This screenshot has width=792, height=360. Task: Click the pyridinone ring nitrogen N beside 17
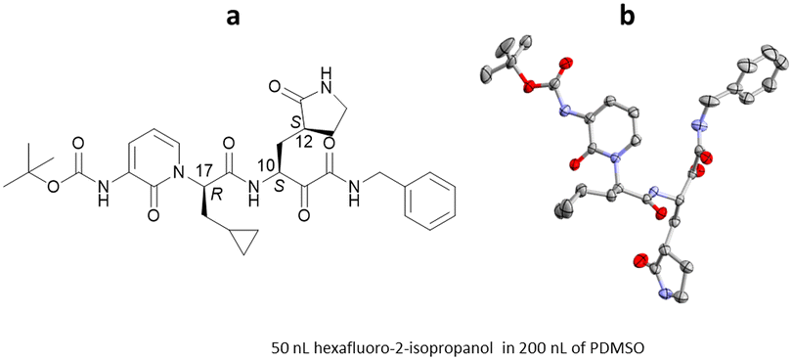(x=177, y=176)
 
